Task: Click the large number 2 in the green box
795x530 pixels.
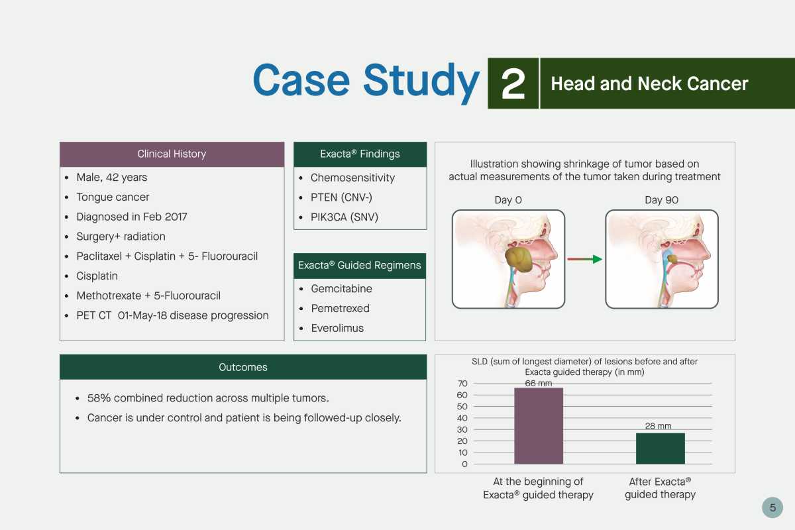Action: click(513, 83)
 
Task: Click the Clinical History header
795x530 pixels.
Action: click(172, 154)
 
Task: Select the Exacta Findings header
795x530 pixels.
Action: click(360, 154)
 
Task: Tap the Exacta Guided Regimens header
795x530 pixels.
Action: click(360, 266)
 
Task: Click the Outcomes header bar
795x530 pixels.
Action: click(243, 367)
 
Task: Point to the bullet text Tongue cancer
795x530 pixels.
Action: click(113, 197)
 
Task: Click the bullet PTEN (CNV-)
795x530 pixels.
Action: click(341, 197)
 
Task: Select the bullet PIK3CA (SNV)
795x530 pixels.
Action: click(344, 217)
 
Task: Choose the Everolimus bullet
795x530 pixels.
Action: click(337, 328)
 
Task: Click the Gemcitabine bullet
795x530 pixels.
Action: click(341, 289)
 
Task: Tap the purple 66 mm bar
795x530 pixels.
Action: click(539, 425)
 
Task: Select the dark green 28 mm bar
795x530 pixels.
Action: click(660, 449)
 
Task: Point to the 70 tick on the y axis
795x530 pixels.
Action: click(462, 384)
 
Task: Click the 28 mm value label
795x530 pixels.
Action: click(658, 426)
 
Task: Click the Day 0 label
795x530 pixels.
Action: click(508, 200)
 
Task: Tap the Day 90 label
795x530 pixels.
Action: click(662, 200)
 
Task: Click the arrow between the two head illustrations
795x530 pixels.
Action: click(584, 259)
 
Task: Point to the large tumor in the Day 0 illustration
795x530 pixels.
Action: click(518, 259)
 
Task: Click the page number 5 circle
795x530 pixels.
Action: click(772, 507)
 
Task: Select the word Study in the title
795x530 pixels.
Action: click(421, 82)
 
